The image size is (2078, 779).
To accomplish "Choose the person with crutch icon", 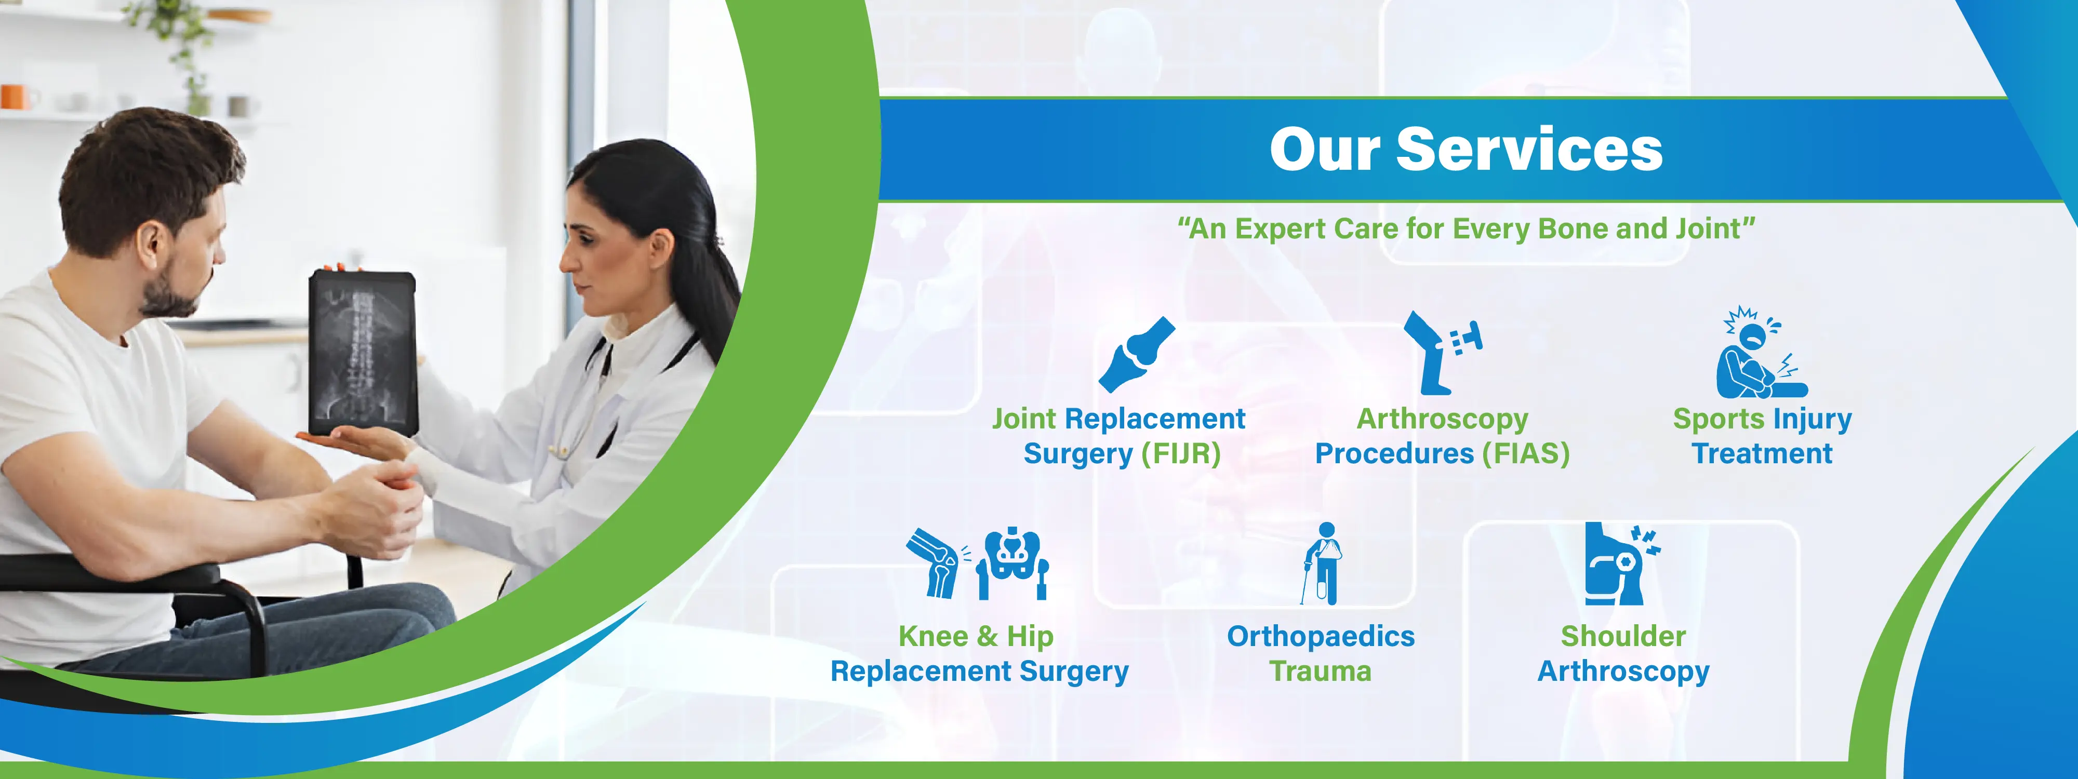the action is tap(1321, 563).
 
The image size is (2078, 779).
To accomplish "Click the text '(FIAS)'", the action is tap(1526, 454).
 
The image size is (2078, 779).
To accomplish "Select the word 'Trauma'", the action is tap(1321, 671).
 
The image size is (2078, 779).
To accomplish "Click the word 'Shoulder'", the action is tap(1623, 636).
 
